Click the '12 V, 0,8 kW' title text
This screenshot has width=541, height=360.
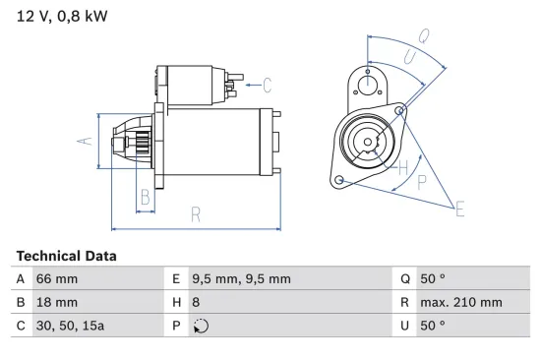pyautogui.click(x=62, y=16)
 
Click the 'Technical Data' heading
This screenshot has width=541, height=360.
pyautogui.click(x=66, y=256)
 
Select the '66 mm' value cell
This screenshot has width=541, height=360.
pyautogui.click(x=57, y=279)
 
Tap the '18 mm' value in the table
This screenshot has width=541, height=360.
pyautogui.click(x=56, y=302)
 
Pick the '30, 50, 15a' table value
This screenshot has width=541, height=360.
pyautogui.click(x=70, y=326)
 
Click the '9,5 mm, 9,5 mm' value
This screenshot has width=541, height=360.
pyautogui.click(x=242, y=279)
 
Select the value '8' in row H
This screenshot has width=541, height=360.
pyautogui.click(x=196, y=302)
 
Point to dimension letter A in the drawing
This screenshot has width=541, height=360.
pyautogui.click(x=86, y=140)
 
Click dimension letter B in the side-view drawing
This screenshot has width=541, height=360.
pyautogui.click(x=145, y=196)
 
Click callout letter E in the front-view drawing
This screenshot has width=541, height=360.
pyautogui.click(x=459, y=207)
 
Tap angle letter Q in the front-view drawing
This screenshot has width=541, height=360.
pyautogui.click(x=423, y=36)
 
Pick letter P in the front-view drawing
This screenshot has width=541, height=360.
pyautogui.click(x=422, y=181)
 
